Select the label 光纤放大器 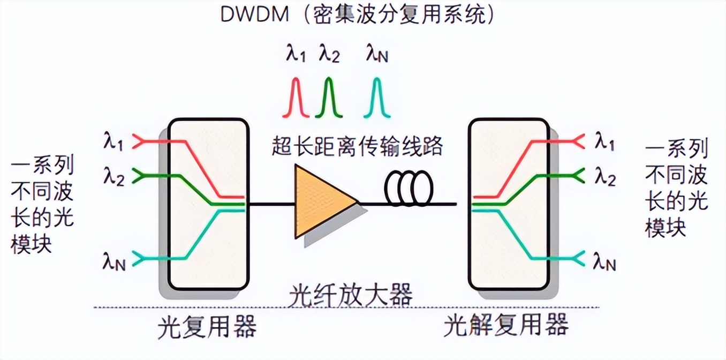pyautogui.click(x=351, y=295)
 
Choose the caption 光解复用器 pyautogui.click(x=506, y=325)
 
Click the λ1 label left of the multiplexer pyautogui.click(x=114, y=142)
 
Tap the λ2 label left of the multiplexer pyautogui.click(x=114, y=177)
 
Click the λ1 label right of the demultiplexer pyautogui.click(x=604, y=142)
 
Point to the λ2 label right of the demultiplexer pyautogui.click(x=604, y=177)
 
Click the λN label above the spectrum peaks pyautogui.click(x=377, y=54)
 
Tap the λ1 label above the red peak pyautogui.click(x=296, y=54)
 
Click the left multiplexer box pyautogui.click(x=208, y=204)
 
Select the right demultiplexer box pyautogui.click(x=509, y=204)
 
